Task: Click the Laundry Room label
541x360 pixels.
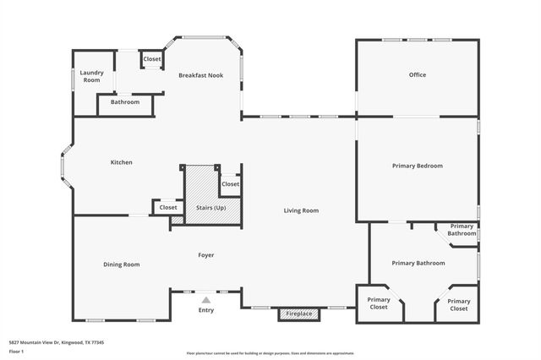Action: pyautogui.click(x=91, y=76)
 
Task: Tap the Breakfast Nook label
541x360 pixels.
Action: pyautogui.click(x=200, y=75)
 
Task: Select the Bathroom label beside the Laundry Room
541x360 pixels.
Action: pyautogui.click(x=125, y=102)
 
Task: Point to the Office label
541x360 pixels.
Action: pyautogui.click(x=417, y=75)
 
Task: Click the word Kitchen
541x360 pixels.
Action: pyautogui.click(x=121, y=162)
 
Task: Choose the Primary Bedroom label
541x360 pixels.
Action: pyautogui.click(x=417, y=166)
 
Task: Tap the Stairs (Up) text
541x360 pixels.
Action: pyautogui.click(x=210, y=207)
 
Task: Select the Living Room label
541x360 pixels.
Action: pyautogui.click(x=300, y=210)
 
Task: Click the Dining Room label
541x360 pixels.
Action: pyautogui.click(x=121, y=265)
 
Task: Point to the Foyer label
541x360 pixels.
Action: pyautogui.click(x=205, y=254)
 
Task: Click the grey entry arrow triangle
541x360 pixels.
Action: pyautogui.click(x=205, y=298)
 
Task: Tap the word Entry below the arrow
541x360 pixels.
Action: pyautogui.click(x=205, y=310)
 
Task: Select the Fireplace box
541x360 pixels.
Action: pyautogui.click(x=299, y=314)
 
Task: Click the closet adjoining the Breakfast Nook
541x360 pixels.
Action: pyautogui.click(x=152, y=59)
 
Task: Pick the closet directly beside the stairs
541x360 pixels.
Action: pyautogui.click(x=230, y=184)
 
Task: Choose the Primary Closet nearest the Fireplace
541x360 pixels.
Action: pyautogui.click(x=379, y=304)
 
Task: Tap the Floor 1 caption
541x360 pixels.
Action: pyautogui.click(x=16, y=351)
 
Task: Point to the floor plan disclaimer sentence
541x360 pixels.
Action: pyautogui.click(x=270, y=352)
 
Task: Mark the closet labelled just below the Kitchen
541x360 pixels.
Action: pyautogui.click(x=168, y=207)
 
